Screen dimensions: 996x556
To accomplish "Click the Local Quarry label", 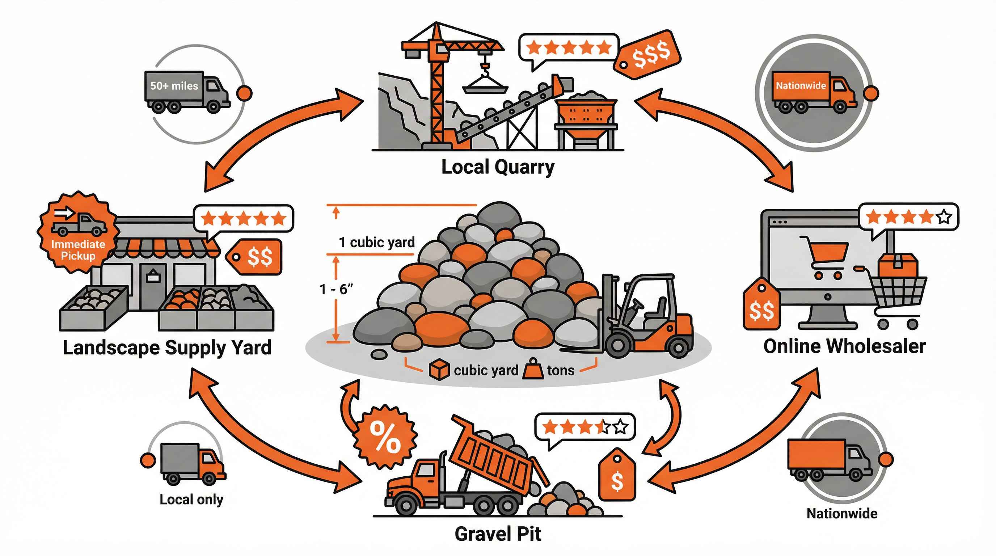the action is click(498, 168).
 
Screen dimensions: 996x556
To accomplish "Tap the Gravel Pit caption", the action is click(498, 534).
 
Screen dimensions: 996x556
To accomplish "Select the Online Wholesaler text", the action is click(844, 346).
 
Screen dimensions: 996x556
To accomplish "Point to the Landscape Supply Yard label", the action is click(167, 347).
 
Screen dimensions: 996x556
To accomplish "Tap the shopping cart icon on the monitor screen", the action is click(824, 257).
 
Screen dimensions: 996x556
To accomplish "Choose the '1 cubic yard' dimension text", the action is click(377, 243).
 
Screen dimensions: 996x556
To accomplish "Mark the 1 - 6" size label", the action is click(336, 289).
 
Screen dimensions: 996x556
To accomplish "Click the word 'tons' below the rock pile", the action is click(561, 370).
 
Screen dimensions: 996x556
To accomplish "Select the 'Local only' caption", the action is click(191, 500).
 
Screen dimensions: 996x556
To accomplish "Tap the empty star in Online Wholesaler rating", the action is click(944, 217).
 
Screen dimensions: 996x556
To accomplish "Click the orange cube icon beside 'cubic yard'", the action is click(439, 370).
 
